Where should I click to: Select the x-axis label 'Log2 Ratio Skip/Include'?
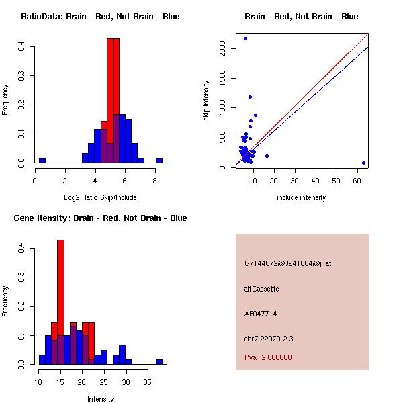pyautogui.click(x=100, y=197)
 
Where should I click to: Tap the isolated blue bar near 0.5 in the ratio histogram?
pyautogui.click(x=42, y=161)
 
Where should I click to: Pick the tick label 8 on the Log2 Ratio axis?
pyautogui.click(x=155, y=179)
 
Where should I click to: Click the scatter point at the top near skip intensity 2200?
pyautogui.click(x=245, y=38)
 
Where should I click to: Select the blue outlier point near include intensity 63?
pyautogui.click(x=363, y=163)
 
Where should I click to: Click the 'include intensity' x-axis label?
pyautogui.click(x=302, y=197)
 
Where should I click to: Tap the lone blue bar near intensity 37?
pyautogui.click(x=159, y=361)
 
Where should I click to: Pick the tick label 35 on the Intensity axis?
pyautogui.click(x=148, y=381)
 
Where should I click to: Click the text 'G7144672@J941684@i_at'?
pyautogui.click(x=287, y=263)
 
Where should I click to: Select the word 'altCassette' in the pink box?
pyautogui.click(x=261, y=289)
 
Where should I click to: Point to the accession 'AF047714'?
pyautogui.click(x=261, y=314)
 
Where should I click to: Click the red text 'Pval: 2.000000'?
pyautogui.click(x=268, y=357)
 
